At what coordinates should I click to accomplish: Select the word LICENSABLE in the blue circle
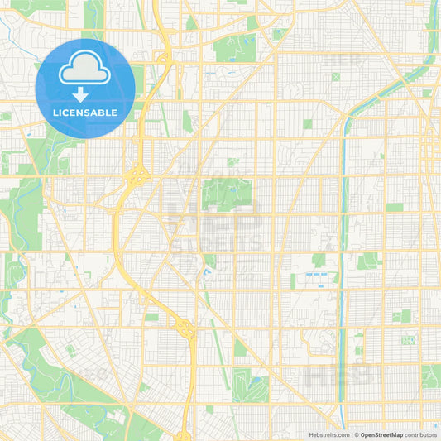pyautogui.click(x=85, y=113)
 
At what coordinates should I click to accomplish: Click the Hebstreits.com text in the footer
pyautogui.click(x=329, y=434)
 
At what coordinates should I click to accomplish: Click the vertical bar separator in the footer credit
pyautogui.click(x=353, y=434)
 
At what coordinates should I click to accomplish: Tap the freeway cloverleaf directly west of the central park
pyautogui.click(x=137, y=175)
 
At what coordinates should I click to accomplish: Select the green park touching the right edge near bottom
pyautogui.click(x=431, y=376)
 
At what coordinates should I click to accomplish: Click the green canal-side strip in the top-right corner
pyautogui.click(x=431, y=33)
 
